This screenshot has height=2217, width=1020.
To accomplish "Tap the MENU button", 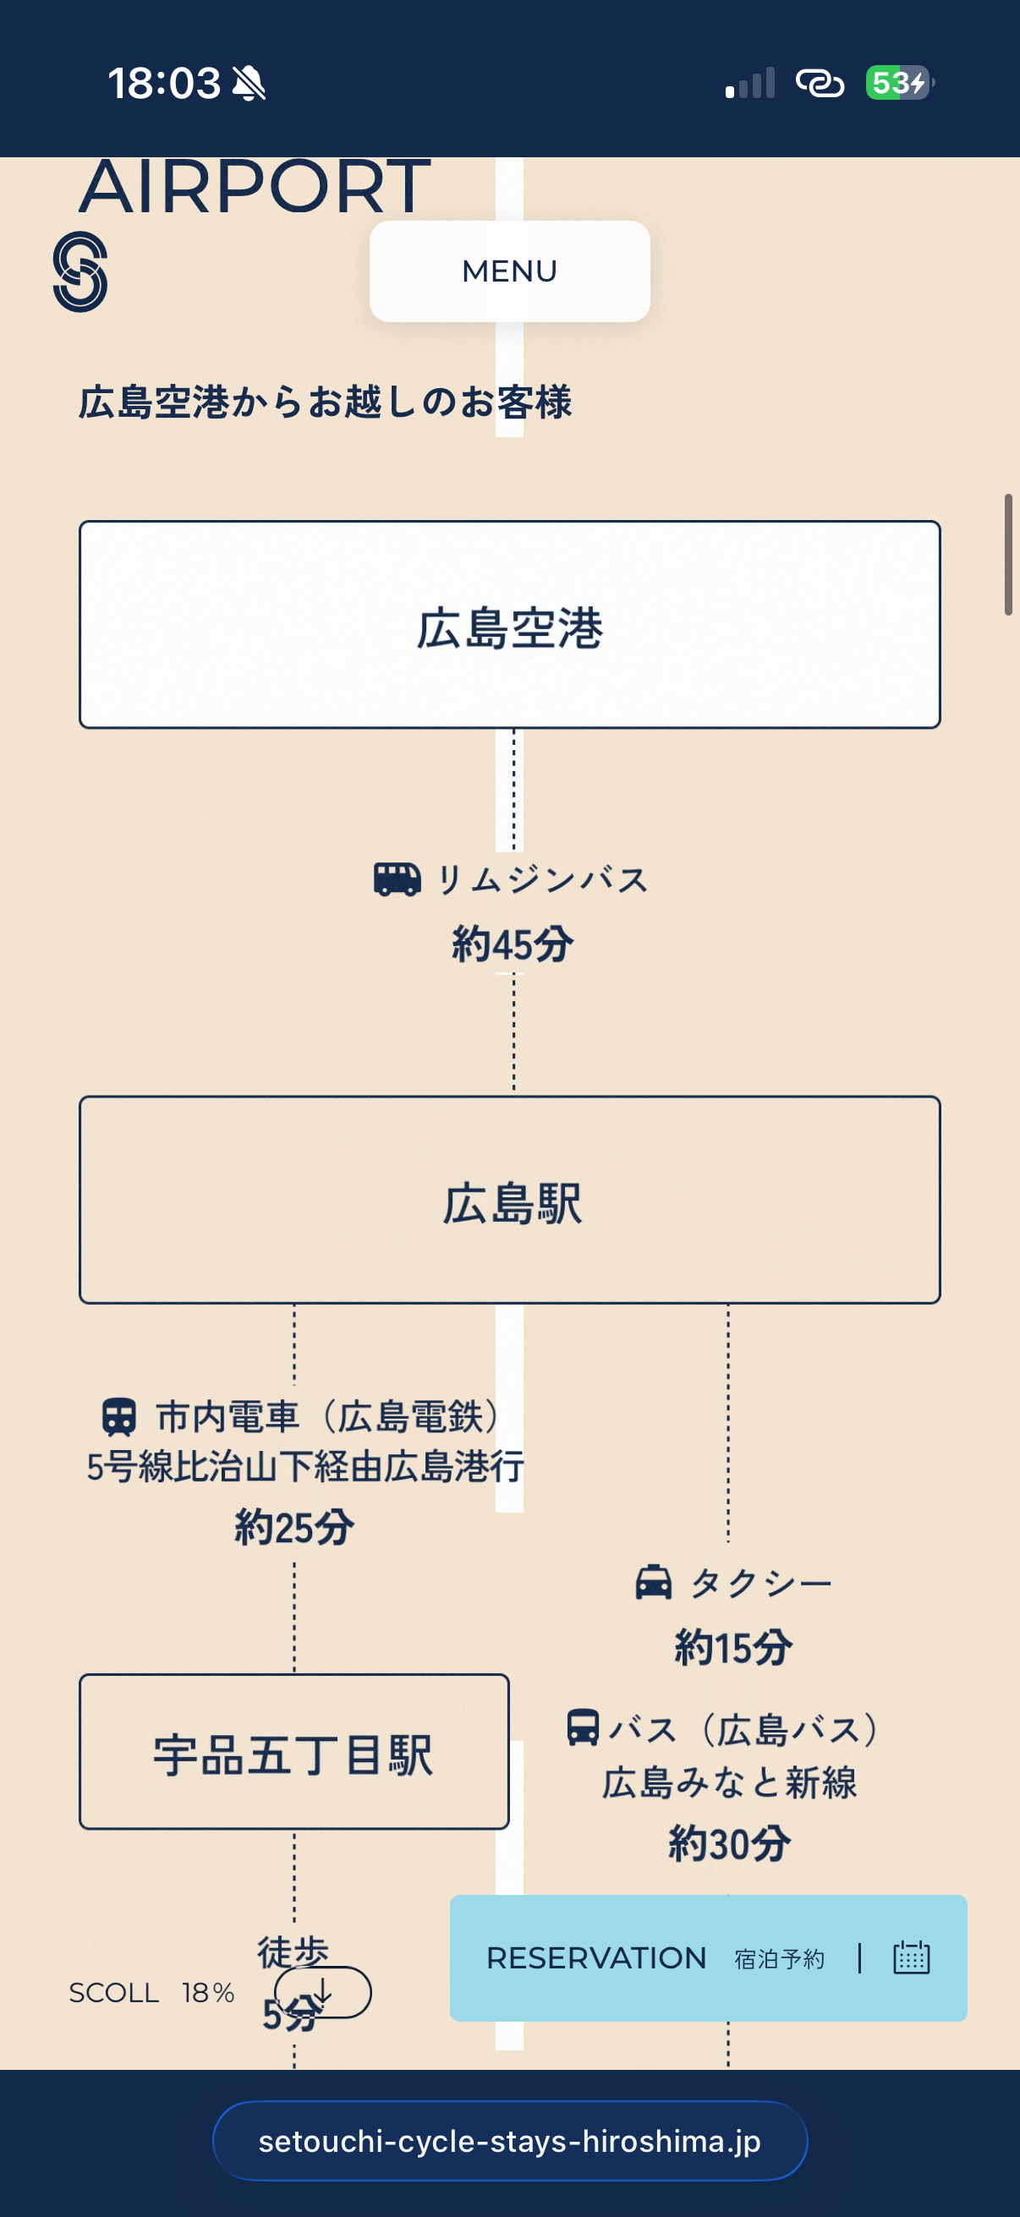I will pos(509,271).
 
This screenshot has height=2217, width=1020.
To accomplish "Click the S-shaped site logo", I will pos(80,271).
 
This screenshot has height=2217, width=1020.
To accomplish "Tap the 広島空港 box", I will pos(509,625).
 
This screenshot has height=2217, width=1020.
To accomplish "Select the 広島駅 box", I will pos(509,1200).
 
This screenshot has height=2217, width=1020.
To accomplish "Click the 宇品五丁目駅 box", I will pos(293,1751).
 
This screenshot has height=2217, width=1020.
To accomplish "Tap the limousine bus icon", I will pos(397,879).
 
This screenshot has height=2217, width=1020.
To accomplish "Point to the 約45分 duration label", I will pos(513,944).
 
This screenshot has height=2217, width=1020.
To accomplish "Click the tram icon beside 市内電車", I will pos(119,1416).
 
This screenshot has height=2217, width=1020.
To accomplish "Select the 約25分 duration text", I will pos(294,1528).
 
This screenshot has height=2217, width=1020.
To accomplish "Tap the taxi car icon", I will pos(653,1582).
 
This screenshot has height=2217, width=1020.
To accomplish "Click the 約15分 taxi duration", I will pos(733,1647).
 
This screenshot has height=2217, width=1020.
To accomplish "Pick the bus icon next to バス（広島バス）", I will pos(583,1727).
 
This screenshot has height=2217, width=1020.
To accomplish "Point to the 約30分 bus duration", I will pos(730,1843).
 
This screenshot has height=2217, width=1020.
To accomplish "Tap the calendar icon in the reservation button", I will pos(912,1958).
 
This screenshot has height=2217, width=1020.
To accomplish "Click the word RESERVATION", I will pos(595,1958).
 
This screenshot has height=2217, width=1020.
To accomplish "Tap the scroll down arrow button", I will pos(323,1991).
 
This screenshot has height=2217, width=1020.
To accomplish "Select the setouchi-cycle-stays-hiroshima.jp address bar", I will pos(509,2141).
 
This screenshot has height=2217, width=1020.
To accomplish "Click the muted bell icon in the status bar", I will pos(250,84).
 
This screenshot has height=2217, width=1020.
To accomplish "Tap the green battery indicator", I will pos(897,84).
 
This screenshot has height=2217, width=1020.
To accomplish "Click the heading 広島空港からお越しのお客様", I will pos(326,402).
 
